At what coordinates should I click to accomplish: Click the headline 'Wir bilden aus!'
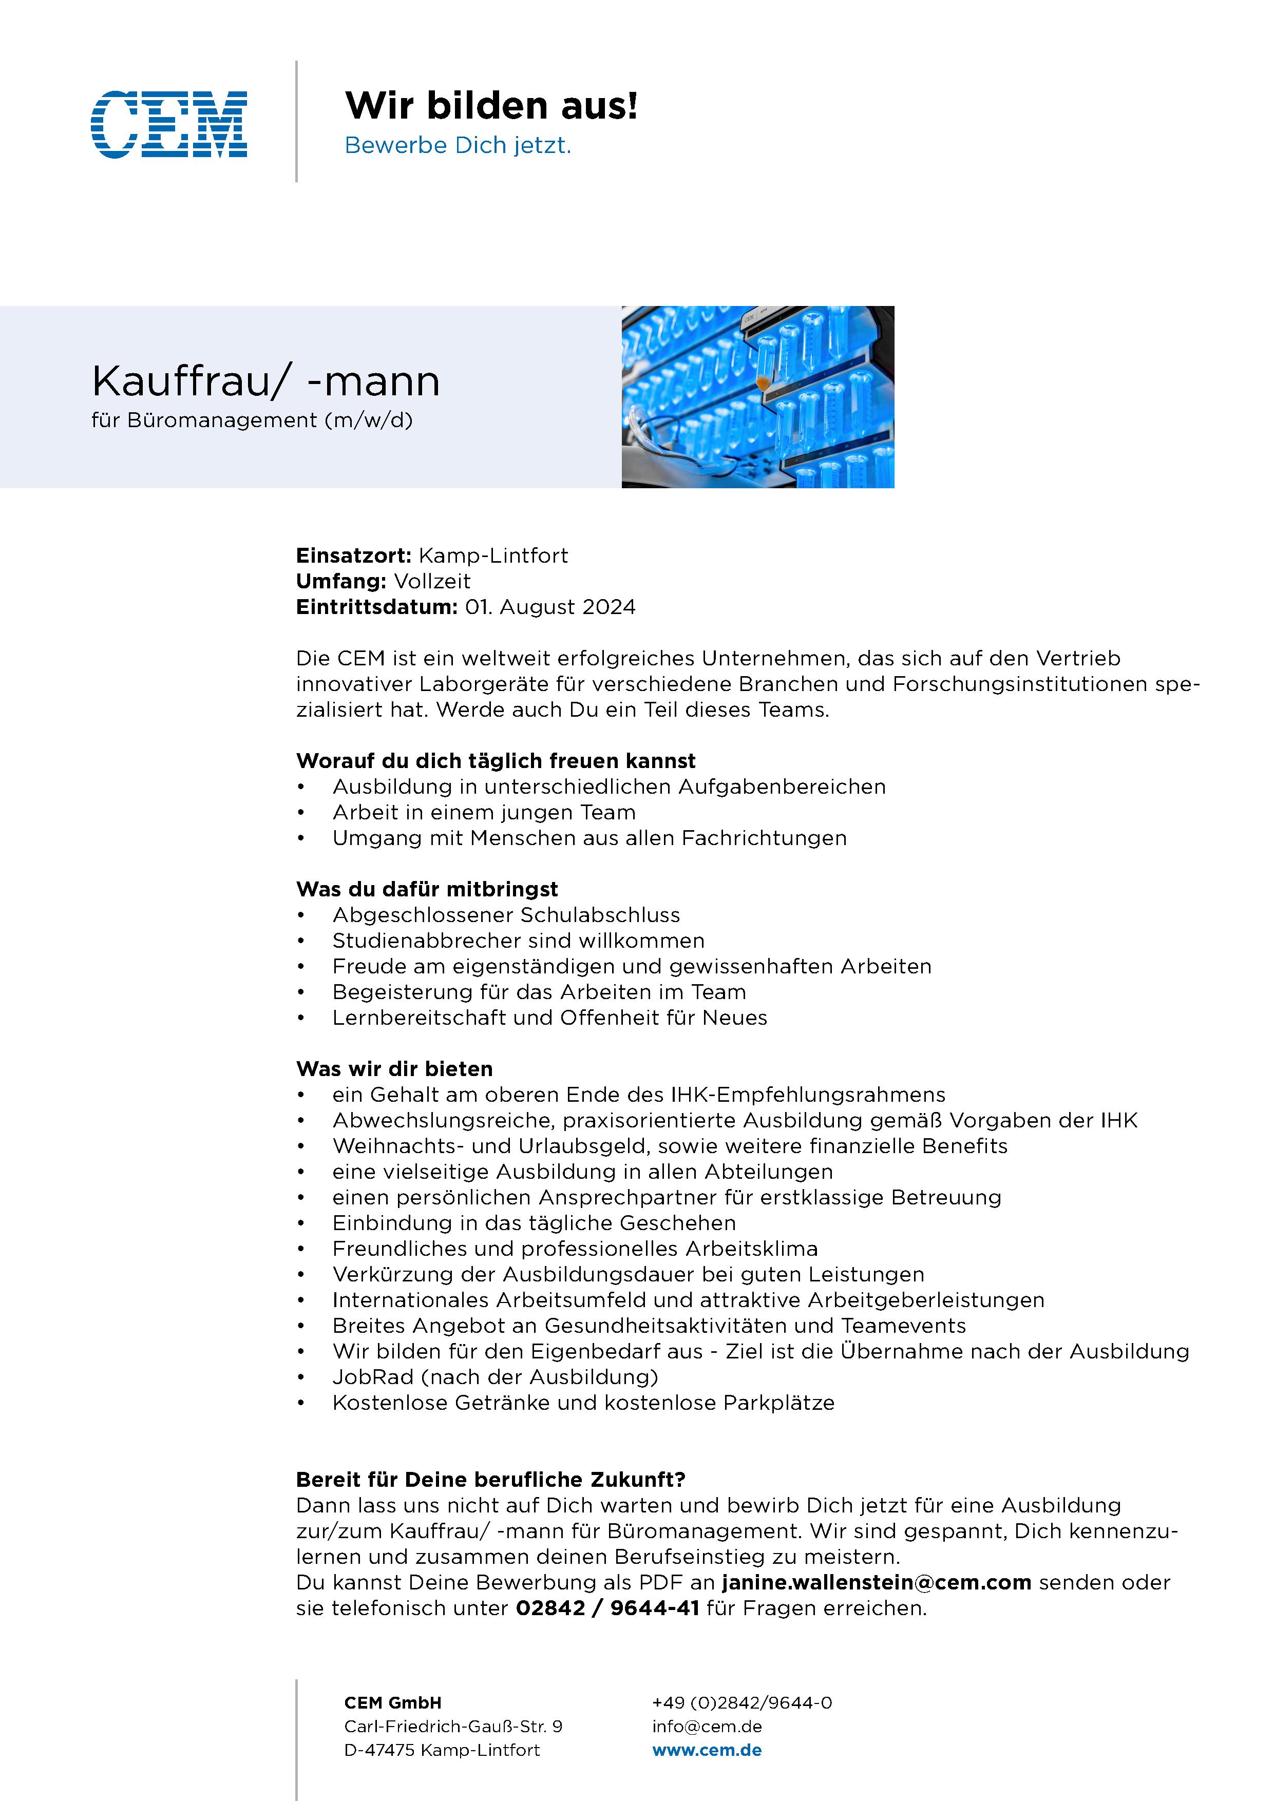click(491, 105)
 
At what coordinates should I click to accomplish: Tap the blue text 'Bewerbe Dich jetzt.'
click(458, 146)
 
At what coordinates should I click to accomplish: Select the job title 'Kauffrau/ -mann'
click(266, 381)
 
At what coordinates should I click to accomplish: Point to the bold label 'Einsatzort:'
click(353, 556)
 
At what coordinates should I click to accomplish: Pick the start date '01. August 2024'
click(550, 608)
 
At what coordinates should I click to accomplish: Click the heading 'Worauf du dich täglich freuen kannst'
click(496, 761)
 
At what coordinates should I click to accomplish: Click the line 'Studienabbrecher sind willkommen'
click(518, 941)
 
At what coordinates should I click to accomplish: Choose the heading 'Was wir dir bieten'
click(394, 1069)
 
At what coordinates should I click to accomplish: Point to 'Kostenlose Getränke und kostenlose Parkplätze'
click(583, 1403)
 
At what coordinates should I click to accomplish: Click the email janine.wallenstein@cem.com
click(876, 1583)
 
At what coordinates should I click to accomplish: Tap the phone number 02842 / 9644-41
click(607, 1609)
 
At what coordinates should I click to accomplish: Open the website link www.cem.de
click(707, 1750)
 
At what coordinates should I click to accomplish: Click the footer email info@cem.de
click(707, 1727)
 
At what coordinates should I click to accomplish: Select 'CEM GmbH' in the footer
click(392, 1703)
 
